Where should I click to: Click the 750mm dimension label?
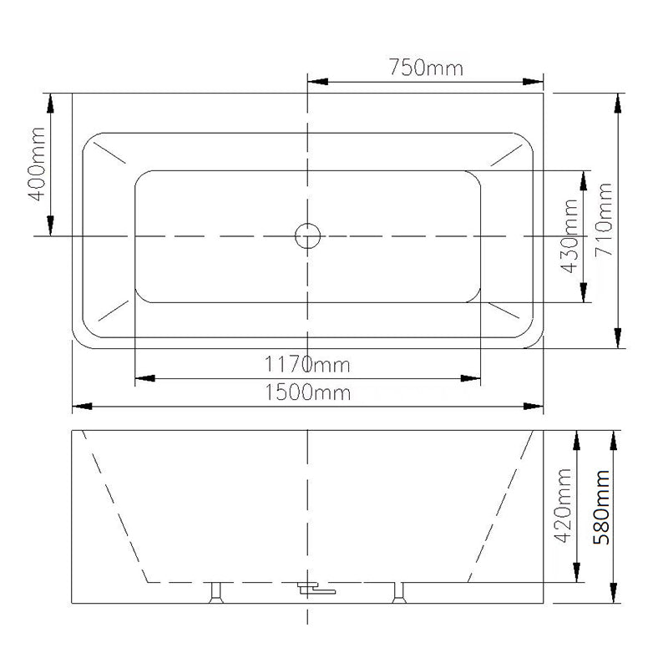(425, 68)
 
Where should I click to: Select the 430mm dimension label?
(570, 236)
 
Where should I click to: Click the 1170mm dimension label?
(307, 365)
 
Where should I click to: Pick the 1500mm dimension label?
(307, 392)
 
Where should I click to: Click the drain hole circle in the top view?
(308, 236)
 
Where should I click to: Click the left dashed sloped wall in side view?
(114, 506)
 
